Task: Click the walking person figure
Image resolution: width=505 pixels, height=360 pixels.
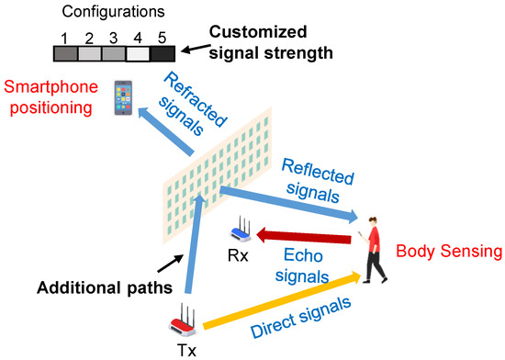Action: coord(375,248)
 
